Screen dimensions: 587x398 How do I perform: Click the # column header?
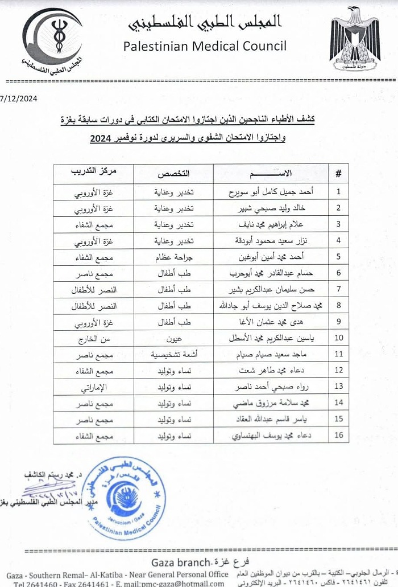338,173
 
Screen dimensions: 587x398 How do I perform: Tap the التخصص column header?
173,173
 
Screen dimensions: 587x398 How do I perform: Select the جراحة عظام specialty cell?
173,256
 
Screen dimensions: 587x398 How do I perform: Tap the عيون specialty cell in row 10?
173,338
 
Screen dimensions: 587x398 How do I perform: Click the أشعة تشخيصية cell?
173,354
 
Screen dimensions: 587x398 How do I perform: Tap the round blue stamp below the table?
124,499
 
